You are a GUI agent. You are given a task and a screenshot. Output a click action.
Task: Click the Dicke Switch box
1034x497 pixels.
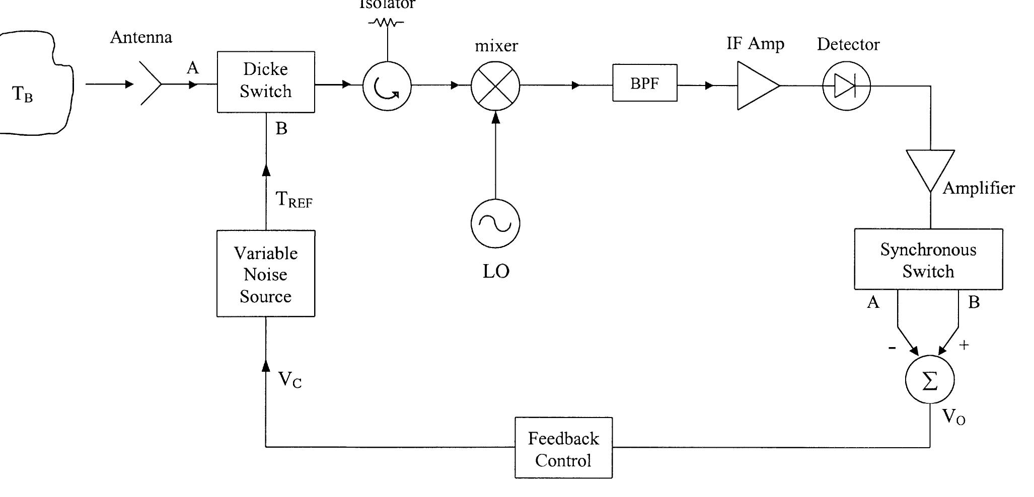[x=266, y=81]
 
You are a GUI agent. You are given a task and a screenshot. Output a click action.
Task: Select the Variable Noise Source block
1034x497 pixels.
[x=266, y=274]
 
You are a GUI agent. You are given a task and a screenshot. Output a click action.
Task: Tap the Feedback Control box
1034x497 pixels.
[x=563, y=448]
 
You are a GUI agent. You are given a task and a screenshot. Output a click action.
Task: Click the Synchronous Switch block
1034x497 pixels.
[x=928, y=260]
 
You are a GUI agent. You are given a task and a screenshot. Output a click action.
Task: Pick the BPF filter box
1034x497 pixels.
[x=644, y=83]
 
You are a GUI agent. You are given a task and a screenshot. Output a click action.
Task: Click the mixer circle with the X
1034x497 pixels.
[x=495, y=86]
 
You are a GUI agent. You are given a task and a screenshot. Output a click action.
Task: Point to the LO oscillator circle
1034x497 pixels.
[x=495, y=223]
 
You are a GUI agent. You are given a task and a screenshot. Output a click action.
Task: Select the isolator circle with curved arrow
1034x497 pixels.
[x=387, y=87]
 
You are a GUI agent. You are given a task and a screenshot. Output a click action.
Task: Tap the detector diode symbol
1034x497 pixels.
[x=846, y=86]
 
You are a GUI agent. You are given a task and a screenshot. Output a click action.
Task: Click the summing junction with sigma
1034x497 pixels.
[x=929, y=380]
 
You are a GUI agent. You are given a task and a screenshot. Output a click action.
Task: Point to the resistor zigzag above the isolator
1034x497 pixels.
[x=387, y=22]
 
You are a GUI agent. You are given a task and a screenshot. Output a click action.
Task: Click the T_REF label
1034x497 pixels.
[x=294, y=200]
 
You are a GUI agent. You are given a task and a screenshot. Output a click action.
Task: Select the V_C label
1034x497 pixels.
[x=289, y=380]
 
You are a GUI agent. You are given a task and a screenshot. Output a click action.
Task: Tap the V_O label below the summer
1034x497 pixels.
[x=953, y=417]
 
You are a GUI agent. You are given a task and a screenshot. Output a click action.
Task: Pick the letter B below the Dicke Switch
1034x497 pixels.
[x=281, y=129]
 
